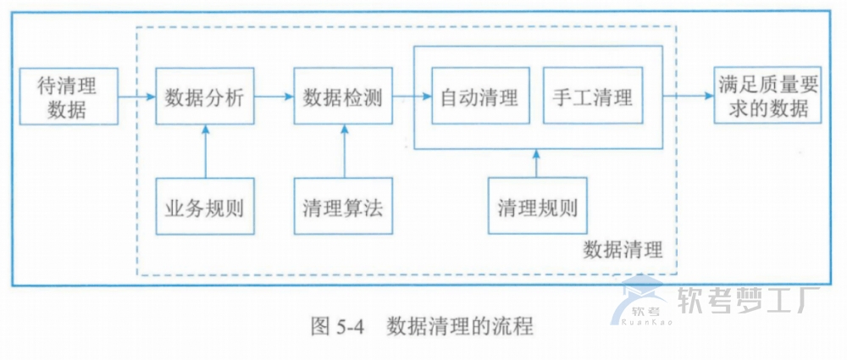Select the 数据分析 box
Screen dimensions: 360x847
point(203,97)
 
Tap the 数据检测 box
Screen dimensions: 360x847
point(343,97)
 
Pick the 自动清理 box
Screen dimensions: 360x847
point(479,97)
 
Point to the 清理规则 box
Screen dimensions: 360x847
point(538,206)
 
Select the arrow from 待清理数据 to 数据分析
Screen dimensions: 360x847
point(135,97)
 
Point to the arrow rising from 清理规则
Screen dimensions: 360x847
point(536,163)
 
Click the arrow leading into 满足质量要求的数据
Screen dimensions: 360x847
point(688,97)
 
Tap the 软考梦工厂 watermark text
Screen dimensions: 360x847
point(746,299)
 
